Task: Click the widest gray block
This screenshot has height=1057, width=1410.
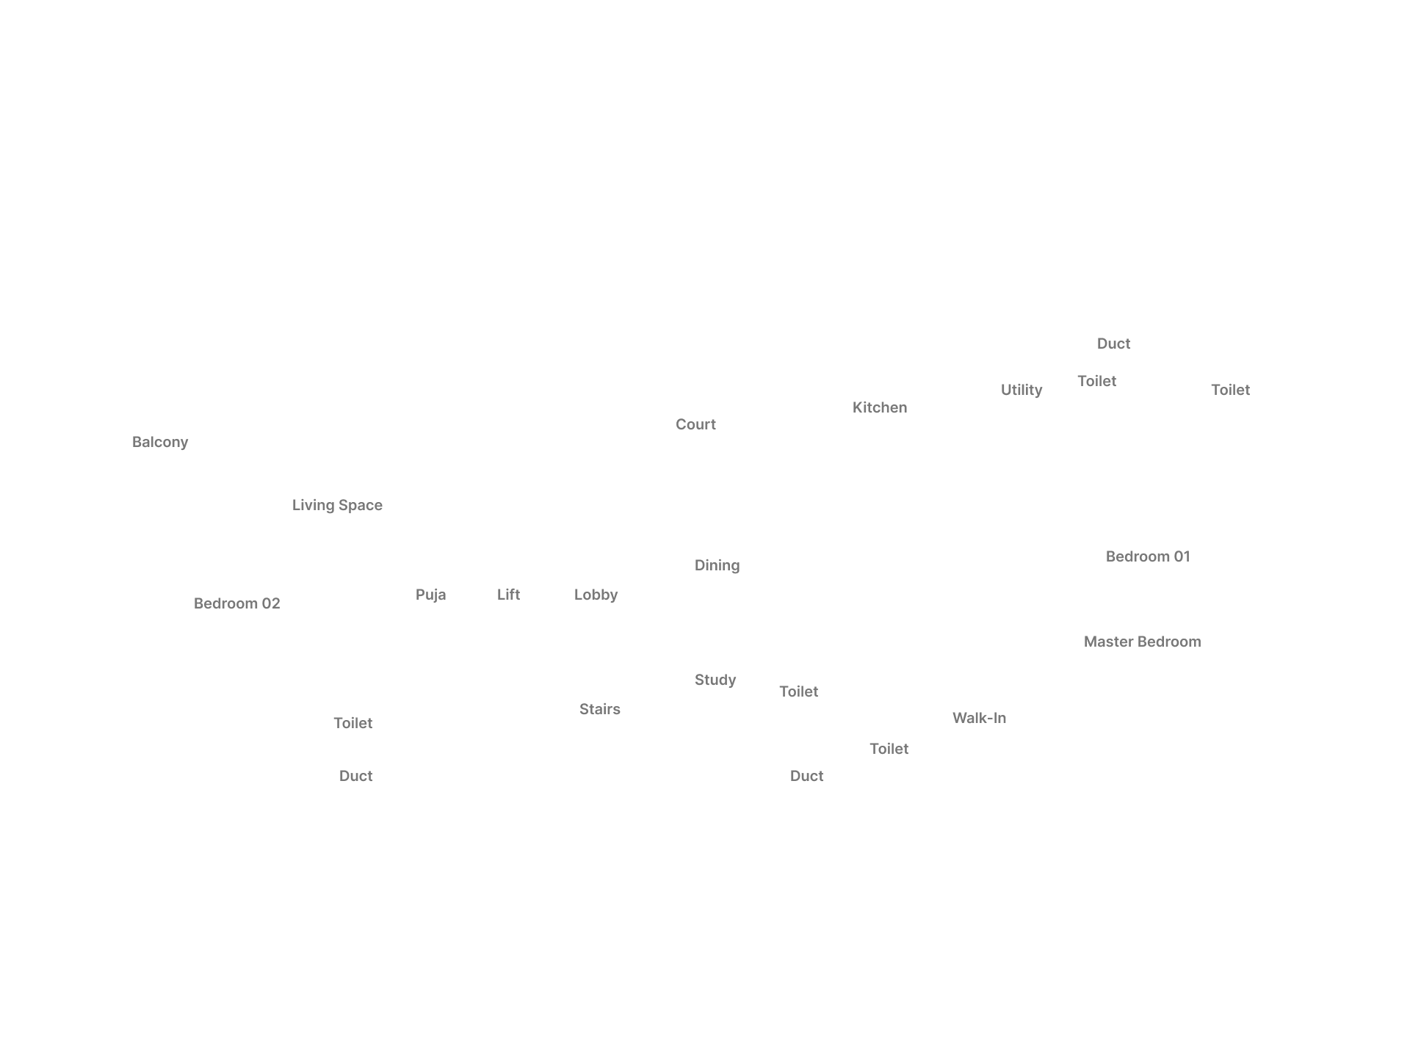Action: pyautogui.click(x=1142, y=643)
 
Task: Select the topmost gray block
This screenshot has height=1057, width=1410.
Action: pyautogui.click(x=1113, y=344)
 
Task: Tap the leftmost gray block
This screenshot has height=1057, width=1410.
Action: pyautogui.click(x=160, y=443)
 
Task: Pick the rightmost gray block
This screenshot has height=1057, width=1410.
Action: pyautogui.click(x=1230, y=391)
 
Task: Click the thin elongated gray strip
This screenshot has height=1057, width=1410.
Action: pyautogui.click(x=337, y=505)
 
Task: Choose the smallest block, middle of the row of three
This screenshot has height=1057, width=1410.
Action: pyautogui.click(x=507, y=596)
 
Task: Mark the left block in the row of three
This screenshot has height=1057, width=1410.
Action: pyautogui.click(x=428, y=596)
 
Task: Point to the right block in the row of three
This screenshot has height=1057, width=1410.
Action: pyautogui.click(x=596, y=596)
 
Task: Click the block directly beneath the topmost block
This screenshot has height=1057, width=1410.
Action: pyautogui.click(x=1095, y=379)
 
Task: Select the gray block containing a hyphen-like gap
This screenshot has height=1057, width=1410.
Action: pyautogui.click(x=980, y=719)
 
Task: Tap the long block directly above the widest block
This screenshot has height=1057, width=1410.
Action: pyautogui.click(x=1148, y=556)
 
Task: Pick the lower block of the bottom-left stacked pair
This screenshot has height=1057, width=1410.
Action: pyautogui.click(x=355, y=777)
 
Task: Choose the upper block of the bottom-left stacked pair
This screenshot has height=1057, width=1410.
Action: pyautogui.click(x=353, y=724)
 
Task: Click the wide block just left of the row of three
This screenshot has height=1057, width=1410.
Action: pyautogui.click(x=237, y=602)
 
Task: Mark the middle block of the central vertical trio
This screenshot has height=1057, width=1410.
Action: pyautogui.click(x=716, y=567)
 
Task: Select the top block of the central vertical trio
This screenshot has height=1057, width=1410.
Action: pyautogui.click(x=695, y=426)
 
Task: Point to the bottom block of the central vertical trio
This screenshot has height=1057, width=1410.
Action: pyautogui.click(x=716, y=679)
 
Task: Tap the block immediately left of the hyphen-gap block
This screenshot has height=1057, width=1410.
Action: pyautogui.click(x=889, y=749)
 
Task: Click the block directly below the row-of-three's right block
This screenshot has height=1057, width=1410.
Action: pyautogui.click(x=599, y=708)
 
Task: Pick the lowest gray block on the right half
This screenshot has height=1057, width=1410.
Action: pyautogui.click(x=808, y=777)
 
